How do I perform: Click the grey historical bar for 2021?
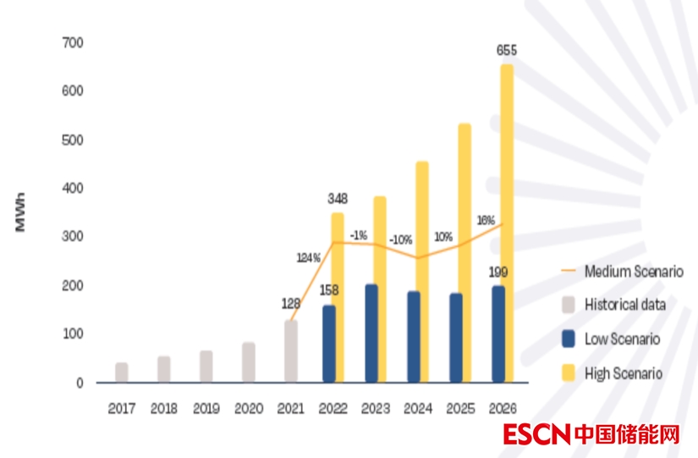[x=291, y=351]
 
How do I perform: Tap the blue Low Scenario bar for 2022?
[x=329, y=344]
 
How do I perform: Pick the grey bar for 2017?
[x=122, y=372]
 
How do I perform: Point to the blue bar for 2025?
[x=456, y=338]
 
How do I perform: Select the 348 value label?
[x=337, y=199]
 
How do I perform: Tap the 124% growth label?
[x=308, y=257]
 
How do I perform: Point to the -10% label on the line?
[x=401, y=240]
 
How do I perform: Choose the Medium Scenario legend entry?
[x=634, y=272]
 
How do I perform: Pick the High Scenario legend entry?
[x=624, y=372]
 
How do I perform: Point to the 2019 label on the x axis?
[x=206, y=408]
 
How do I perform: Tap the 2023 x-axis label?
[x=375, y=408]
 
